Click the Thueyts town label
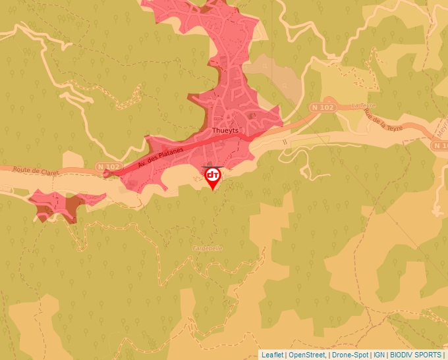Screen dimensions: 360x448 pyautogui.click(x=224, y=130)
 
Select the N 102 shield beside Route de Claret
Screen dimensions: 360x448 pyautogui.click(x=108, y=167)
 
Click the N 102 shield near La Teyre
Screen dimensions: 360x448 pyautogui.click(x=323, y=107)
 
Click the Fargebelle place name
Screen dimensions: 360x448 pyautogui.click(x=208, y=248)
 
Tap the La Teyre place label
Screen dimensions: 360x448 pyautogui.click(x=362, y=105)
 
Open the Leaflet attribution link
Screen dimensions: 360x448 pyautogui.click(x=272, y=355)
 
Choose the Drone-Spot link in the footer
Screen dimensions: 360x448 pyautogui.click(x=350, y=355)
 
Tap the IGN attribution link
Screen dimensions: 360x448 pyautogui.click(x=379, y=355)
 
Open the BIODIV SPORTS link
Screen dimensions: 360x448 pyautogui.click(x=416, y=355)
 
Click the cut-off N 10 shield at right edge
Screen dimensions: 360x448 pyautogui.click(x=443, y=146)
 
